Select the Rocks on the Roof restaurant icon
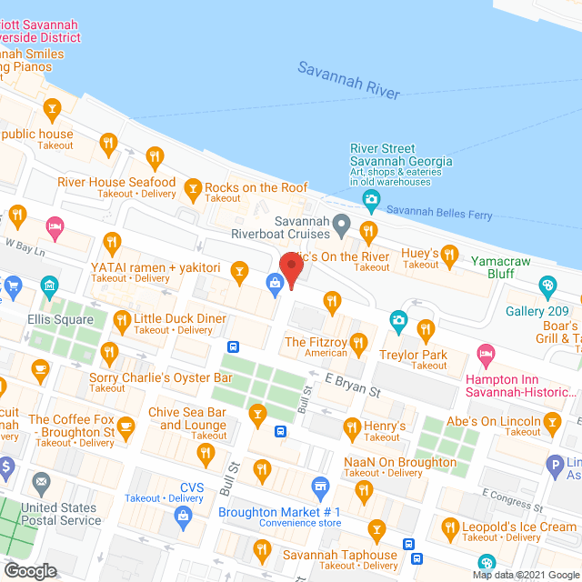[192, 189]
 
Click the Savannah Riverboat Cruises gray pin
[341, 223]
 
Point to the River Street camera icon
[370, 199]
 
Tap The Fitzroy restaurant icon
[358, 343]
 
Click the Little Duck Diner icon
[122, 319]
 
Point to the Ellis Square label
[61, 319]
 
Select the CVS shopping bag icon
[184, 516]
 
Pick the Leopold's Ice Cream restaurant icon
[449, 527]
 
